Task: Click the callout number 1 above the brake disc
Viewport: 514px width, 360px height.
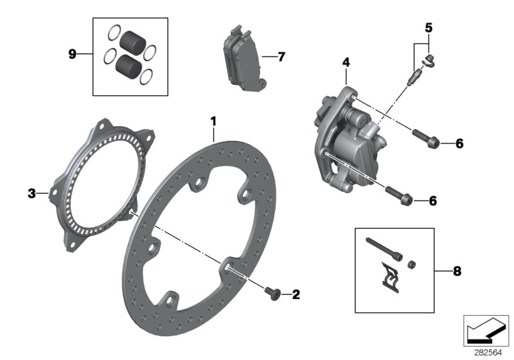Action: click(x=214, y=120)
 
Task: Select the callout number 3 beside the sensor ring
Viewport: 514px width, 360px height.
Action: click(x=31, y=192)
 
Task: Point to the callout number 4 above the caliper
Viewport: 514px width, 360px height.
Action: click(x=346, y=62)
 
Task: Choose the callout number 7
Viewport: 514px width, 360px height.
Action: click(x=281, y=57)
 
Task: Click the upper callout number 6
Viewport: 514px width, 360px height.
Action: click(x=441, y=143)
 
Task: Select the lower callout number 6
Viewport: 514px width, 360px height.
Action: click(x=432, y=201)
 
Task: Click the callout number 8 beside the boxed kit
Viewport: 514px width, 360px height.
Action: click(x=457, y=271)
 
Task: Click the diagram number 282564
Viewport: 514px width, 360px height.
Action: click(x=490, y=352)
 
